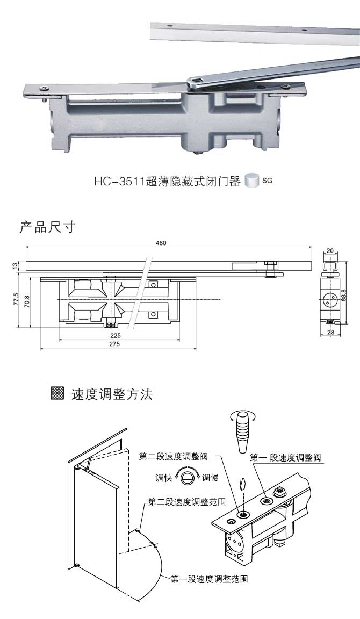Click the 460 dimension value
tap(161, 243)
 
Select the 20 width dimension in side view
tap(330, 250)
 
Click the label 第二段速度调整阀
tap(173, 457)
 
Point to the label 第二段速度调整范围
tap(186, 502)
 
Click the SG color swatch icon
tap(251, 181)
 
